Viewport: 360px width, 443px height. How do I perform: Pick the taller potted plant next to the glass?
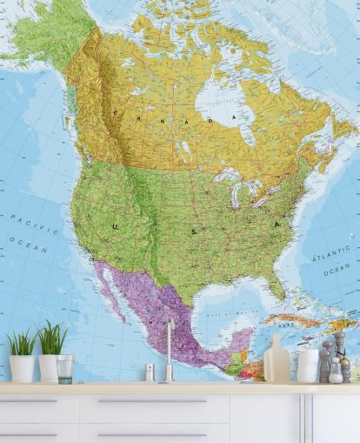tap(50, 353)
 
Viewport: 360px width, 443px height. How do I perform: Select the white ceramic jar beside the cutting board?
tap(307, 365)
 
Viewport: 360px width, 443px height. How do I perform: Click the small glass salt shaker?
tap(150, 373)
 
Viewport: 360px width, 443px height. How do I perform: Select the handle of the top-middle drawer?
tap(152, 401)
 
